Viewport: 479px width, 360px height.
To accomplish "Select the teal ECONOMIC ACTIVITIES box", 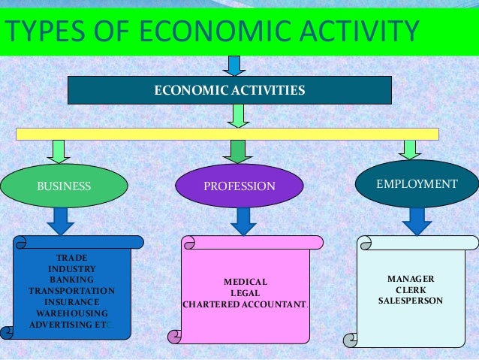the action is [x=229, y=90].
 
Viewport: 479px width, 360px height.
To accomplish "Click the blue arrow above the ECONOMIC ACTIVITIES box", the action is [x=233, y=65].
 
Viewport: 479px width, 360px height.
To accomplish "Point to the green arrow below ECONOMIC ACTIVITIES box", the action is [x=238, y=116].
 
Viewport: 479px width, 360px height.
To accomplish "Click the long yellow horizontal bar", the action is [x=227, y=134].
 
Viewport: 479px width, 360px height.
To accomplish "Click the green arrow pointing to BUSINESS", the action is [x=59, y=151].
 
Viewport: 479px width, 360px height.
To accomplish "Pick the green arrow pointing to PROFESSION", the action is [x=238, y=151].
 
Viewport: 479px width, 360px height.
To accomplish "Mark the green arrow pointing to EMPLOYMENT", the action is [x=410, y=149].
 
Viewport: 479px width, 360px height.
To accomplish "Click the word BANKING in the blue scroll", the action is [x=71, y=280].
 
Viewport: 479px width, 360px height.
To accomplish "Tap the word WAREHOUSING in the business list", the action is [x=72, y=313].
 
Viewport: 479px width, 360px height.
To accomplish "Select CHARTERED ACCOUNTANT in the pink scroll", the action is [x=245, y=304].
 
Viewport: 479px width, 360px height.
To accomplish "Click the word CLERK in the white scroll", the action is [x=411, y=289].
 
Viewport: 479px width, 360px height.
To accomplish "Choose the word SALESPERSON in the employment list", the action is [x=411, y=301].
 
